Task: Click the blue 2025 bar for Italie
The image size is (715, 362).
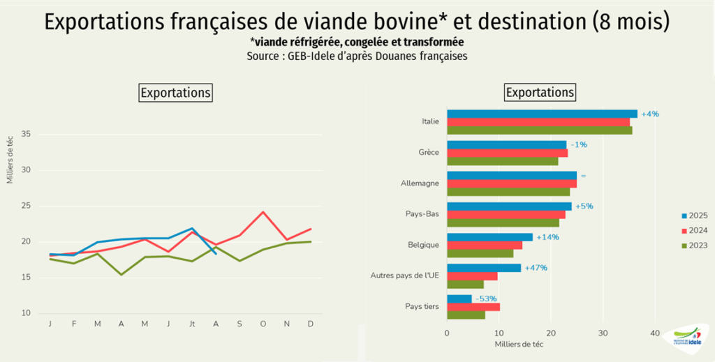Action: point(542,114)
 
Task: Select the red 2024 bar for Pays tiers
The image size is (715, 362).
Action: point(473,307)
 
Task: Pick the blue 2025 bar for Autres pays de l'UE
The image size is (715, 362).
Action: point(484,268)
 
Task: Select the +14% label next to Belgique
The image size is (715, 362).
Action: point(547,237)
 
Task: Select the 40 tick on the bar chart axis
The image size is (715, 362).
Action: point(655,333)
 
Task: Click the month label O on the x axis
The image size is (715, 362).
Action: point(263,324)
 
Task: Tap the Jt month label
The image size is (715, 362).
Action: point(191,324)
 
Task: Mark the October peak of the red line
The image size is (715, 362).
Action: point(263,212)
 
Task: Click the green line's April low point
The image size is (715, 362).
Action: point(121,274)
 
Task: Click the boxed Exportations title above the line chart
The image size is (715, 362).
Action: point(175,92)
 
